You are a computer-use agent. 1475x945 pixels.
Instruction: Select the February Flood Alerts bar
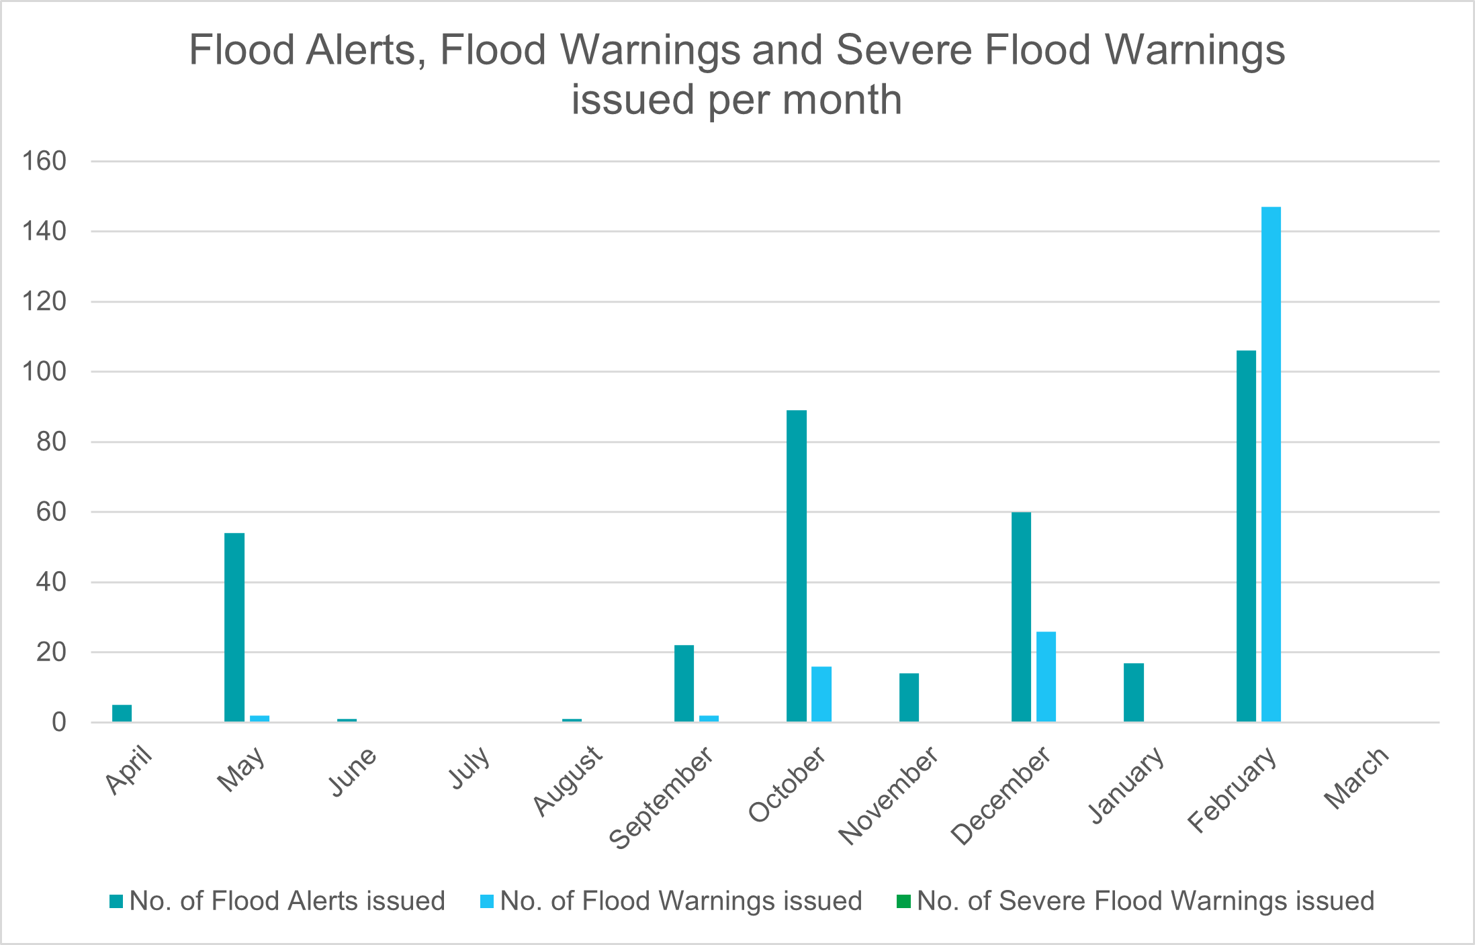click(1246, 536)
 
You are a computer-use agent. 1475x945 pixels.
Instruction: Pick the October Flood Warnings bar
click(821, 694)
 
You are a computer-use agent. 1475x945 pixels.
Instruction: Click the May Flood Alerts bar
click(234, 628)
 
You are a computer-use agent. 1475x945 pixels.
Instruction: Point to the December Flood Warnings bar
click(1046, 677)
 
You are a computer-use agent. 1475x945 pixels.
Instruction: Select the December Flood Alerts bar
click(1021, 617)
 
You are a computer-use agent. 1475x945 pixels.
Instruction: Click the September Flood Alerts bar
click(684, 683)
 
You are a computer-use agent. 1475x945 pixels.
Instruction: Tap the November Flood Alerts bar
click(909, 697)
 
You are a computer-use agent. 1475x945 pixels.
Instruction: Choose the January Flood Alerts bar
click(1134, 693)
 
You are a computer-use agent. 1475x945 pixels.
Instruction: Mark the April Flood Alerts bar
click(122, 713)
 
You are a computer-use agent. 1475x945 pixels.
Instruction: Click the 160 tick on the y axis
click(44, 161)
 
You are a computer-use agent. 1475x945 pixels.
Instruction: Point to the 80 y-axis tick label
click(52, 442)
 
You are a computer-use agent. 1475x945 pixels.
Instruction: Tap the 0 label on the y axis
click(59, 722)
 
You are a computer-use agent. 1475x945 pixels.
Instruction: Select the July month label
click(470, 768)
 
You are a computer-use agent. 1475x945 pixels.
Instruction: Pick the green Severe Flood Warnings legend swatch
click(903, 901)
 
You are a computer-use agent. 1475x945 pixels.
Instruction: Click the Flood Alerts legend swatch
click(116, 901)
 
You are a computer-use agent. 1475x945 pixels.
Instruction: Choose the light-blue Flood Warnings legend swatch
click(487, 901)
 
